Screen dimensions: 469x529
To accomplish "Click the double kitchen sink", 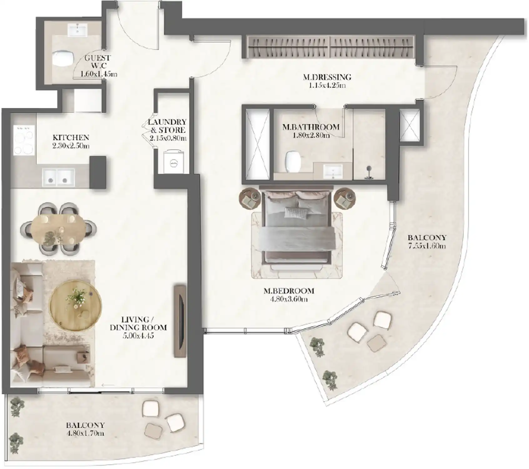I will coord(58,177).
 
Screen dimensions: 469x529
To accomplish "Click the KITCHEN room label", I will coord(71,138).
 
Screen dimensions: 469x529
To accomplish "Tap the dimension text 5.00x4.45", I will coord(138,336).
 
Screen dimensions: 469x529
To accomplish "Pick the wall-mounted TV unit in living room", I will coord(180,321).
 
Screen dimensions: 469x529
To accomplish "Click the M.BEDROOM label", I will coord(288,291).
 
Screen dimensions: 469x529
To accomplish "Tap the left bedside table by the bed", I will coord(250,198).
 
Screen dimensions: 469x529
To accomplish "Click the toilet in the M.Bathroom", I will coord(292,161).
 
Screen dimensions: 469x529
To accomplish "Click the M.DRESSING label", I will coord(327,77).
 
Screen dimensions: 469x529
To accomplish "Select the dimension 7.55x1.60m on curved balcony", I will coord(427,246).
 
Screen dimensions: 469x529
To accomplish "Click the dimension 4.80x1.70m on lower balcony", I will coord(85,433).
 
